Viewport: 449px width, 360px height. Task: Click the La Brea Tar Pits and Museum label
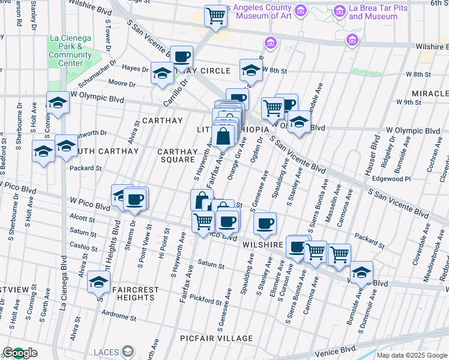pyautogui.click(x=378, y=13)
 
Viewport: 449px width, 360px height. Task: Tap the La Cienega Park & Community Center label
pyautogui.click(x=70, y=50)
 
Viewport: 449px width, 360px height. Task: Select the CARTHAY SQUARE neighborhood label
pyautogui.click(x=177, y=155)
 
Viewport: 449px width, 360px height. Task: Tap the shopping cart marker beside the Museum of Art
pyautogui.click(x=215, y=16)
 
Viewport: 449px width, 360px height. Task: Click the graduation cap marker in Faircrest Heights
pyautogui.click(x=98, y=281)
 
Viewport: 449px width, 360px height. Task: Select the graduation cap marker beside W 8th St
pyautogui.click(x=251, y=70)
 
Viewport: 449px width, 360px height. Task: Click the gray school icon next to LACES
pyautogui.click(x=128, y=351)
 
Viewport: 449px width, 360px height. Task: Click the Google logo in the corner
pyautogui.click(x=19, y=353)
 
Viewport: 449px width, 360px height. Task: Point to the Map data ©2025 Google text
pyautogui.click(x=412, y=355)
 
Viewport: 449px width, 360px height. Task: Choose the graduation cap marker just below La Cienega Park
pyautogui.click(x=58, y=103)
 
